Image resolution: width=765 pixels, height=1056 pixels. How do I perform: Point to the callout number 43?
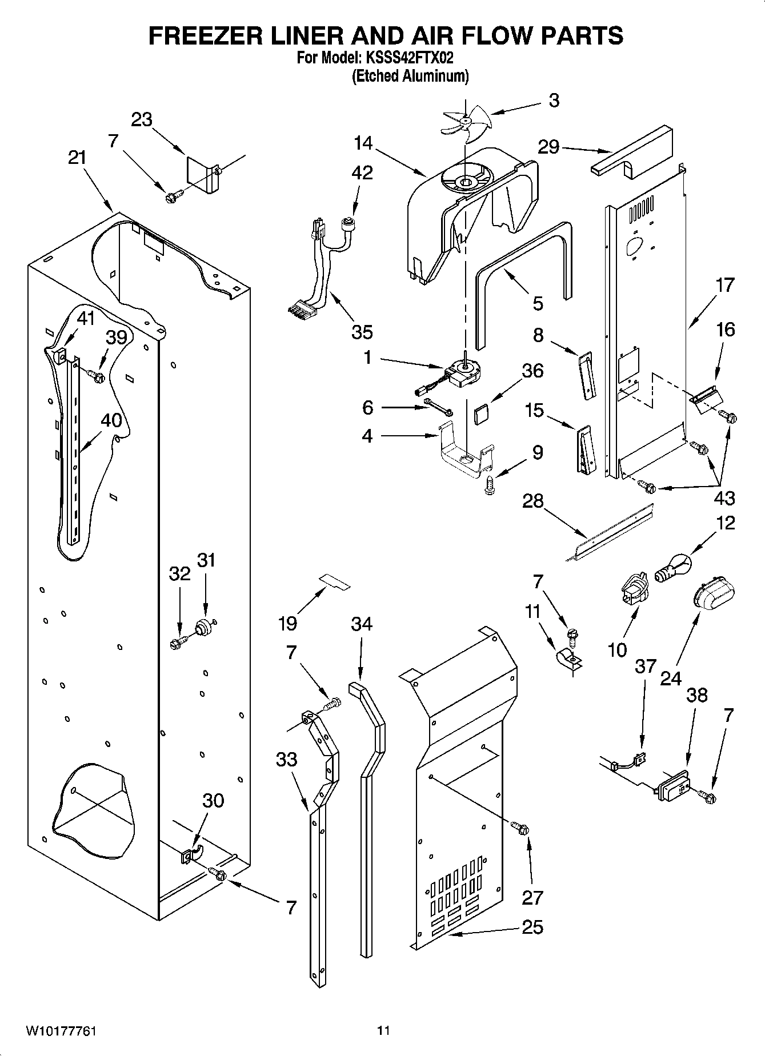click(724, 498)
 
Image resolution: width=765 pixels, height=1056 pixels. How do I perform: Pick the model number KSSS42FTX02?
click(409, 58)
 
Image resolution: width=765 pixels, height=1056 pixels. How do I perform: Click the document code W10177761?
click(61, 1031)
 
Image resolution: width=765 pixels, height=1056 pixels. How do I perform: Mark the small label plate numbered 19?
click(335, 581)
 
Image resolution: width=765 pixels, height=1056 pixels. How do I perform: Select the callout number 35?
click(362, 331)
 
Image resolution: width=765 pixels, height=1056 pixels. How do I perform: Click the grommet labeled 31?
click(203, 629)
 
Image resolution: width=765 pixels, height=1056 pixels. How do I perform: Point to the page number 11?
click(383, 1031)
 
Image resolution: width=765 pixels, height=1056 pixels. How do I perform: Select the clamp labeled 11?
click(567, 660)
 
